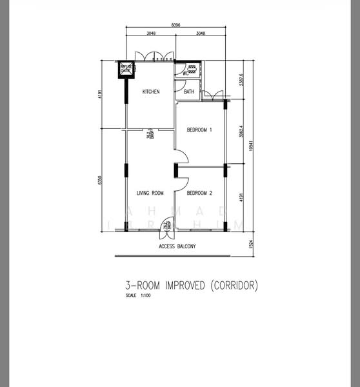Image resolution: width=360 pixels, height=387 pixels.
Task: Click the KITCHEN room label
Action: (151, 92)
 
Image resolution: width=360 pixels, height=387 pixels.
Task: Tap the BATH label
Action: (188, 92)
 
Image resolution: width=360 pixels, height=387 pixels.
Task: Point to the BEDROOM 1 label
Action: (199, 130)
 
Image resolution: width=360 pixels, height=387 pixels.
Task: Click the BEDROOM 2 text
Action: (199, 192)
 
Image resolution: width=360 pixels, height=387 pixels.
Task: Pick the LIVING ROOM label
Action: (150, 192)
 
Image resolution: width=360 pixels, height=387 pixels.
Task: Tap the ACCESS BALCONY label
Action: (177, 246)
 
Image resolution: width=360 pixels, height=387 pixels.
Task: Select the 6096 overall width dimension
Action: (175, 25)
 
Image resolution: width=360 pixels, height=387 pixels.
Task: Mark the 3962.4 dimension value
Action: (241, 132)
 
